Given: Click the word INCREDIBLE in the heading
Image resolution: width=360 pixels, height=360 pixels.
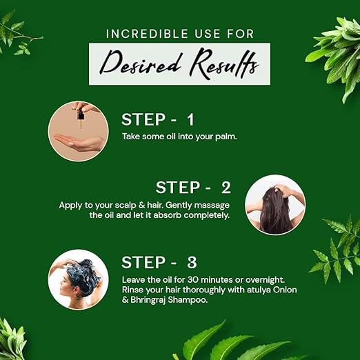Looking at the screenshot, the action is click(x=147, y=34).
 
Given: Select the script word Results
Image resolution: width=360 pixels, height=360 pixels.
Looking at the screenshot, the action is click(x=224, y=63).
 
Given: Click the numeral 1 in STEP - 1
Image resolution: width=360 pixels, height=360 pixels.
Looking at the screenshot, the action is click(x=190, y=119).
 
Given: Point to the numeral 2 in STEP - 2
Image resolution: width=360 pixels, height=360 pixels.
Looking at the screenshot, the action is click(x=226, y=188).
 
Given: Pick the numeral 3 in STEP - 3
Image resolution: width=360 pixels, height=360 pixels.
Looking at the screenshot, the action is click(x=192, y=263).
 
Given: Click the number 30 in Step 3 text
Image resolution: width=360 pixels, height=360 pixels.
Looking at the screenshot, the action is click(x=192, y=280).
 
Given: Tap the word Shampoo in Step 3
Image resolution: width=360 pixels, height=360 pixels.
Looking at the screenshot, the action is click(x=188, y=300).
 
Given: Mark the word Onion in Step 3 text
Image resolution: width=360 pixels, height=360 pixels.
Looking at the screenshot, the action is click(x=285, y=290).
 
